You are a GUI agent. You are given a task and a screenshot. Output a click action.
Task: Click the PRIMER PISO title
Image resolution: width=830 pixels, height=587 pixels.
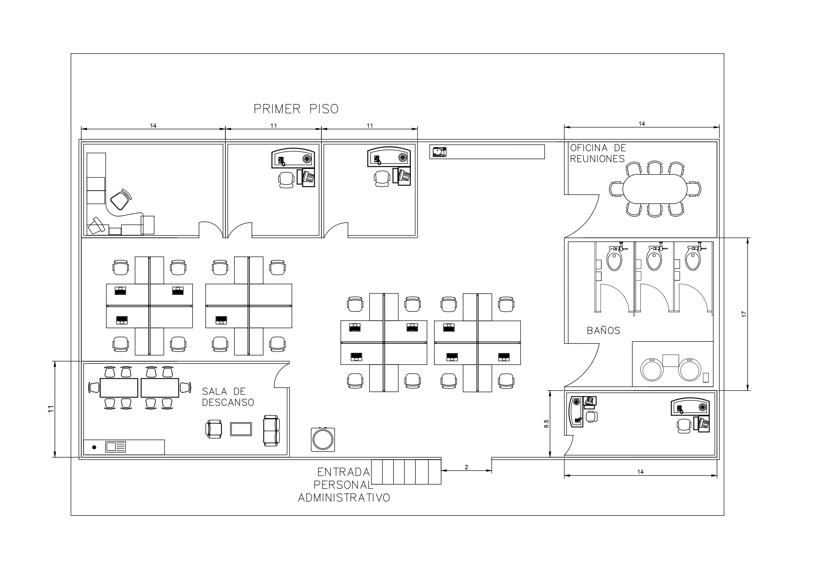coord(296,109)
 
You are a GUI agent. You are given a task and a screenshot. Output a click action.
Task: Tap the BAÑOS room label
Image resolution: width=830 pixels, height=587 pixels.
coord(603,330)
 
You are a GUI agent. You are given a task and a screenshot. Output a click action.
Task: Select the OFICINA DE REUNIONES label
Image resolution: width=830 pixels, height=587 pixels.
coord(598,153)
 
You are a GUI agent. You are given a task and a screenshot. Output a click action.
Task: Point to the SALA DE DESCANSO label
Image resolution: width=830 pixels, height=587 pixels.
coord(228,397)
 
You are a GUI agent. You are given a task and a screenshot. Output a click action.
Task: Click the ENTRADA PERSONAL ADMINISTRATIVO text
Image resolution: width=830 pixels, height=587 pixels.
coord(344,485)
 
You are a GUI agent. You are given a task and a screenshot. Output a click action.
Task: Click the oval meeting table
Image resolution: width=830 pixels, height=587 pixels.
coord(655,189)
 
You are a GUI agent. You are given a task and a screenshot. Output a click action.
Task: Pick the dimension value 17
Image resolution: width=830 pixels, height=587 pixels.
coord(744,314)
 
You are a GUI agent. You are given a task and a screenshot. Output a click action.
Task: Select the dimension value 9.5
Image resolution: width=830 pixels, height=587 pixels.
coord(546,424)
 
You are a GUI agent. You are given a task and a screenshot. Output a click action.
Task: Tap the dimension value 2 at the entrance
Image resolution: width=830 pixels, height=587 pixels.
coord(466,467)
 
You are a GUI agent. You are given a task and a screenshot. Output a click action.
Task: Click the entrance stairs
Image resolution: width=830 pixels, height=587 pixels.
coord(406,472)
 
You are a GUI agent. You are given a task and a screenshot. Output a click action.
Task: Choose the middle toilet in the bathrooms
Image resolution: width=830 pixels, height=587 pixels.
coord(654,258)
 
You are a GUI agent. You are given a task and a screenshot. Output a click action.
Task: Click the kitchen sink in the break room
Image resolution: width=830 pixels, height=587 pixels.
coord(115,447)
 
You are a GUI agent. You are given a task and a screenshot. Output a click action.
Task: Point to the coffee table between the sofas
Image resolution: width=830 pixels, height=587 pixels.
coord(241,429)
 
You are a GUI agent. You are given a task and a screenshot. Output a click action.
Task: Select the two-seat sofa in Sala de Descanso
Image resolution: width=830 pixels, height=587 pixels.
coord(272,430)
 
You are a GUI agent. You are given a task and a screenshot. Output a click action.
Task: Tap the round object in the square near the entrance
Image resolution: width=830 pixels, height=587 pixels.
coord(323,439)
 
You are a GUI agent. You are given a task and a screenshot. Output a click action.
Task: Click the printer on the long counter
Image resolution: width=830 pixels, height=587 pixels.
coord(439,152)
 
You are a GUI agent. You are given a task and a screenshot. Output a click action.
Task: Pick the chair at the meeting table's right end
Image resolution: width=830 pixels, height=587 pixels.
coord(695,189)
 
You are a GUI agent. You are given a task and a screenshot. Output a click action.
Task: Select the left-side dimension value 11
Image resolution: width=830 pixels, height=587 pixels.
coord(51,409)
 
